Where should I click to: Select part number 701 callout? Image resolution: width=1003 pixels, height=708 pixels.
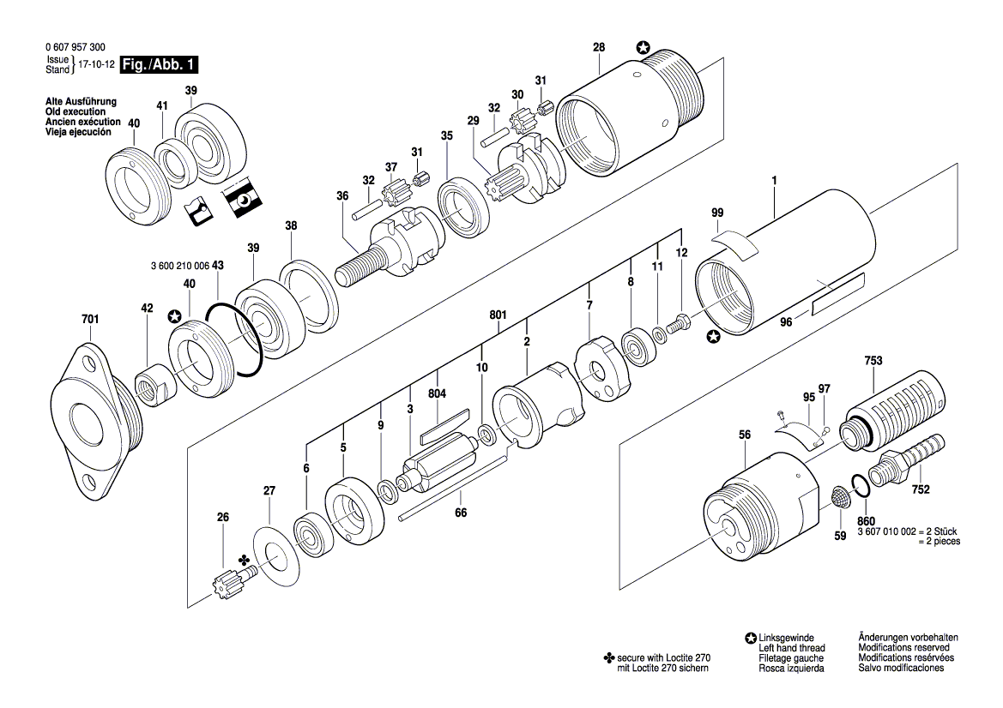90,319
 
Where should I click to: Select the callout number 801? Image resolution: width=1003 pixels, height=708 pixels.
498,315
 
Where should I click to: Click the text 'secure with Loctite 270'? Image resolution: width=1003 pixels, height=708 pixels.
664,657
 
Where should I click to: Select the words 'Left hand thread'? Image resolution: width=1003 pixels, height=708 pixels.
792,648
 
